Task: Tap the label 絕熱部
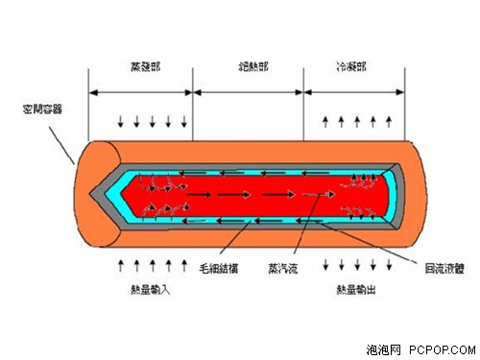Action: (x=248, y=70)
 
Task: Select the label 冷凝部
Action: (x=351, y=70)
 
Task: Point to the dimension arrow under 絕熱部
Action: (x=248, y=92)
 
